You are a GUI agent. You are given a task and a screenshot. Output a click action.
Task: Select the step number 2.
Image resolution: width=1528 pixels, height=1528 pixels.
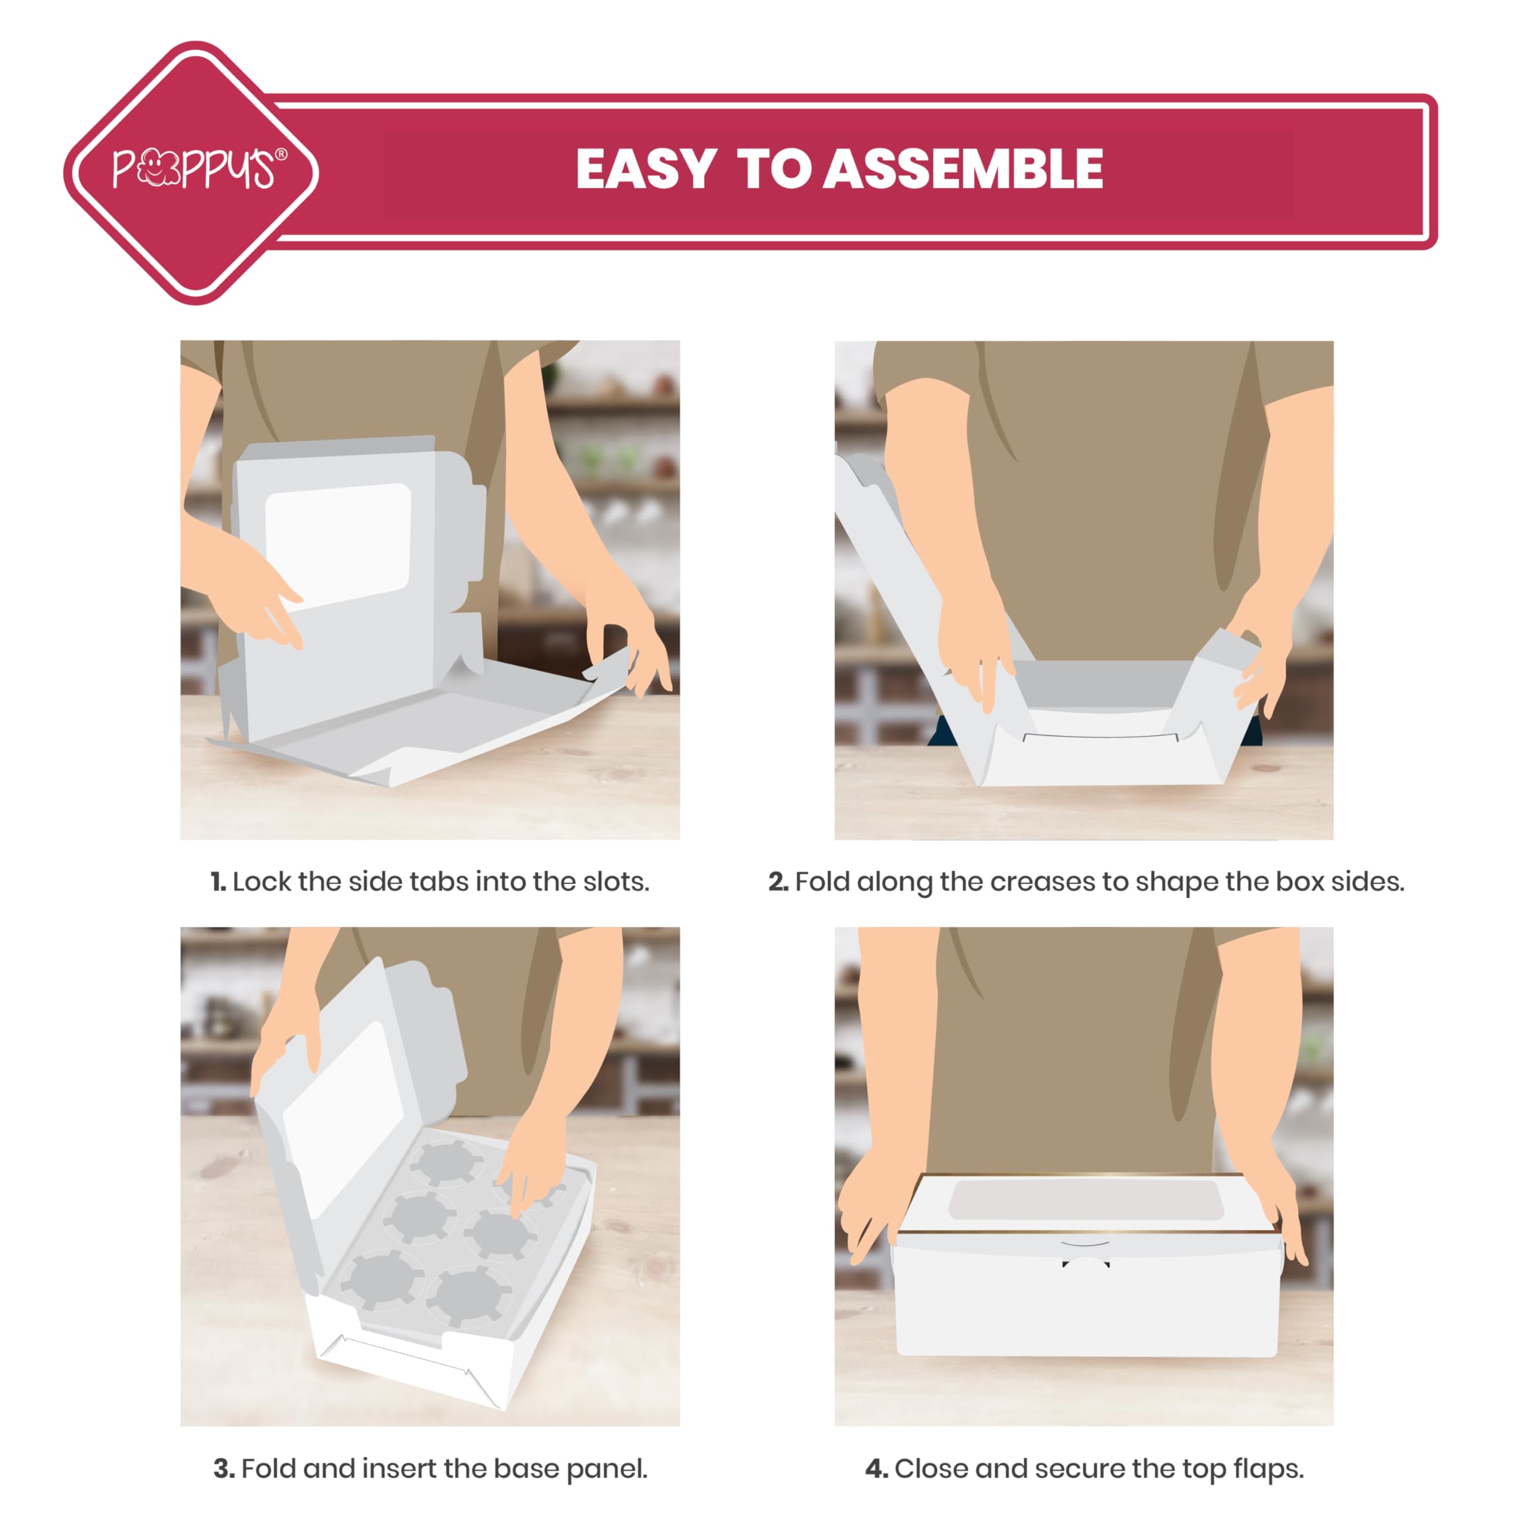[778, 881]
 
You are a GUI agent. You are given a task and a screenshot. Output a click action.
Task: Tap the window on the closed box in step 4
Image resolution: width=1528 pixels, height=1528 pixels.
[1086, 1199]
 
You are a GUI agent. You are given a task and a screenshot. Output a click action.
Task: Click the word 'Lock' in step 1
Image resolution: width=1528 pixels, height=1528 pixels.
[262, 881]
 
